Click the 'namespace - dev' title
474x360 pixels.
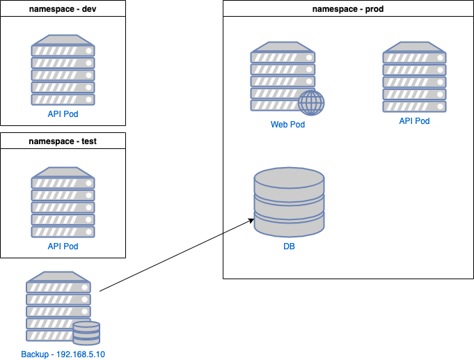click(63, 9)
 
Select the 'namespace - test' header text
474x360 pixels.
click(63, 141)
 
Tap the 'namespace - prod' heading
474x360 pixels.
click(348, 9)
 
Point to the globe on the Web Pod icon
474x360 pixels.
click(311, 103)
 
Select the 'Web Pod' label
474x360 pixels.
click(287, 125)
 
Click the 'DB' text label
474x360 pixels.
click(289, 246)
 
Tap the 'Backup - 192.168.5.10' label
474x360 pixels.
click(63, 354)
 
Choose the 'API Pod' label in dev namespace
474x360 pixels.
click(63, 114)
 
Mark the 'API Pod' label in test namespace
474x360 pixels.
click(63, 246)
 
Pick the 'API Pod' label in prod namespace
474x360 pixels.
click(414, 121)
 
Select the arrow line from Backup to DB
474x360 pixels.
click(174, 256)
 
